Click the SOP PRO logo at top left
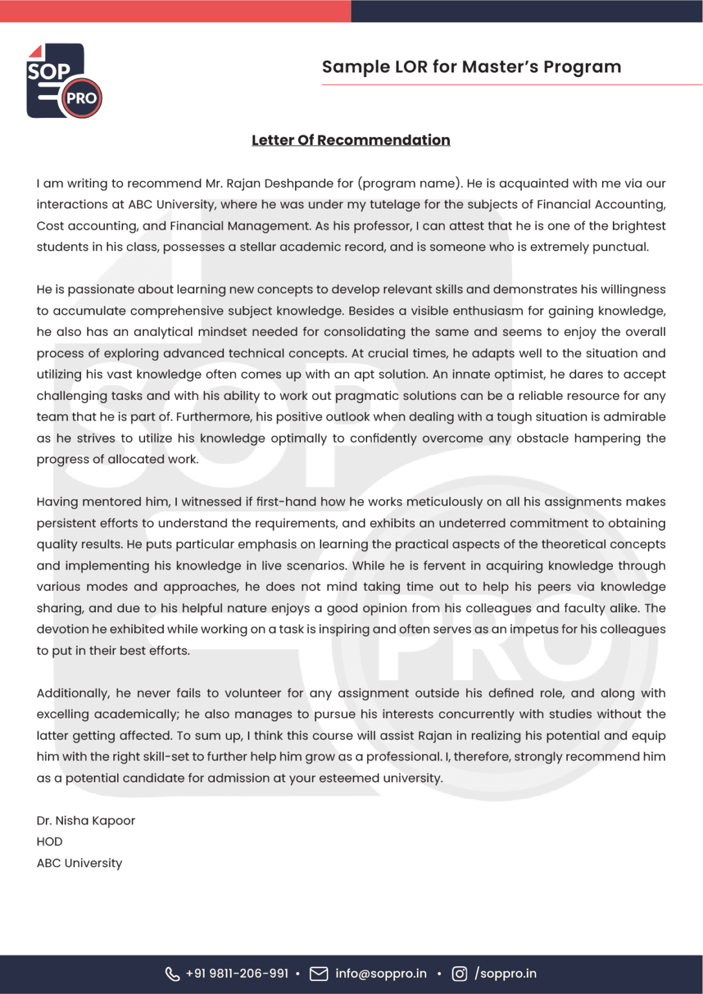63,81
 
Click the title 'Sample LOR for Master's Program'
471,67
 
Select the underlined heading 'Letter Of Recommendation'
351,140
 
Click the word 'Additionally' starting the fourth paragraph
73,693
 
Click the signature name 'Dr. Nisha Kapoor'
85,821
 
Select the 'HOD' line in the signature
49,842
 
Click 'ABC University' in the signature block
79,863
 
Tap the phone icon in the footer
172,974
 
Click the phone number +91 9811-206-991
237,974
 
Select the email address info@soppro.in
381,974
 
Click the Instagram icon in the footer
459,974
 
